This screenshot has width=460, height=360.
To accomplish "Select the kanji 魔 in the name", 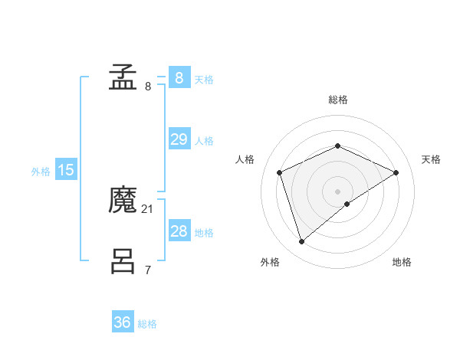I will [x=123, y=201].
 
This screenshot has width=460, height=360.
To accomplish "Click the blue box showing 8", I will [x=179, y=78].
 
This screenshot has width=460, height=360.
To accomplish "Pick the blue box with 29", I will [x=179, y=139].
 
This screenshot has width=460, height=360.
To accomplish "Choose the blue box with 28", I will [x=179, y=231].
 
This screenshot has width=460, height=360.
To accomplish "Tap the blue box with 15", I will [x=66, y=170].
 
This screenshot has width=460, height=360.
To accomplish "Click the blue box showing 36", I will [x=123, y=322].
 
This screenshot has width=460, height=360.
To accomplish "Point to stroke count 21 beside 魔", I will [x=148, y=208].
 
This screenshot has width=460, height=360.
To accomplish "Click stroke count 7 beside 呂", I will [x=148, y=270].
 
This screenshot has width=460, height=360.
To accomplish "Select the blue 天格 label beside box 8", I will [x=204, y=80].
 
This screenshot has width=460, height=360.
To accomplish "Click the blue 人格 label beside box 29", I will [x=204, y=141].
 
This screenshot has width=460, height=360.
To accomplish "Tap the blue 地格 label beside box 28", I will [x=204, y=233].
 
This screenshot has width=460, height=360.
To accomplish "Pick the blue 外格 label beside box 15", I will [x=41, y=172].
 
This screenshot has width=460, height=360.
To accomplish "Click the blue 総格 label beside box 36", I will [x=147, y=324].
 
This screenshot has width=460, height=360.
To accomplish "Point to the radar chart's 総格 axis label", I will [x=337, y=100].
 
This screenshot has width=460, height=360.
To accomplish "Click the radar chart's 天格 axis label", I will [x=431, y=159].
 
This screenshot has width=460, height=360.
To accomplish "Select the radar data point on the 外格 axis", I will [x=301, y=242].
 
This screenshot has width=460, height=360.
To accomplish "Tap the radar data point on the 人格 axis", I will [x=280, y=172].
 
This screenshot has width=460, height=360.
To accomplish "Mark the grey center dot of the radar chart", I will [x=337, y=191].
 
